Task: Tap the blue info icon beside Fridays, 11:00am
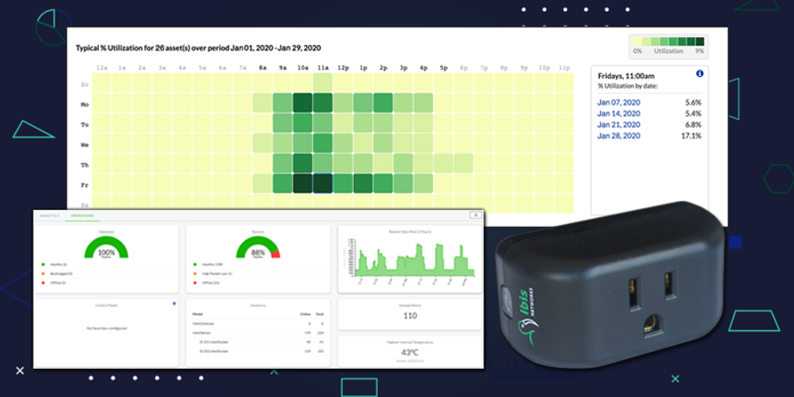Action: click(700, 74)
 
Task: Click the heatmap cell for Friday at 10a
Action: click(303, 184)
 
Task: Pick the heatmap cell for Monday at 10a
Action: click(303, 102)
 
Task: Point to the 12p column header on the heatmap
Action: click(342, 67)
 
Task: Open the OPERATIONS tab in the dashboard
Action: click(85, 214)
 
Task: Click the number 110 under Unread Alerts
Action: click(409, 316)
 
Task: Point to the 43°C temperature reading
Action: click(409, 351)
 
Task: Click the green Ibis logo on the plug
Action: click(528, 331)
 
